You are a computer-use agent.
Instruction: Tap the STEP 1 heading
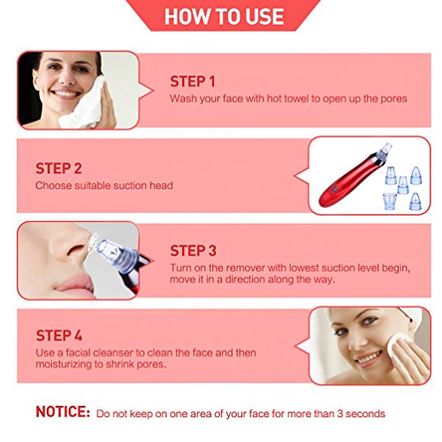(x=193, y=81)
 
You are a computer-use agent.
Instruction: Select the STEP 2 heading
(x=58, y=168)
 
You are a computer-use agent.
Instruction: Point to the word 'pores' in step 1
(x=392, y=98)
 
